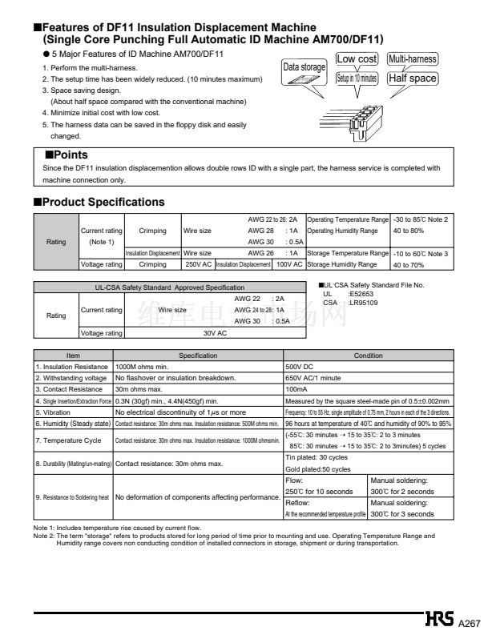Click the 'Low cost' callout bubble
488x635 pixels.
[x=357, y=59]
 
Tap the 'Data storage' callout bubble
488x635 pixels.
[x=304, y=68]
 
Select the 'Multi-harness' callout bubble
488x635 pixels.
[x=412, y=59]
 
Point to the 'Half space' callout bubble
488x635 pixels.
[x=412, y=78]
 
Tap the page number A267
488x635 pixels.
[x=470, y=622]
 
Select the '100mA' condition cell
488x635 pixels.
[x=298, y=389]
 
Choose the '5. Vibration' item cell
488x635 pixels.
[x=56, y=412]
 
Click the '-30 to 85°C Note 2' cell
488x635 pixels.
[x=420, y=219]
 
